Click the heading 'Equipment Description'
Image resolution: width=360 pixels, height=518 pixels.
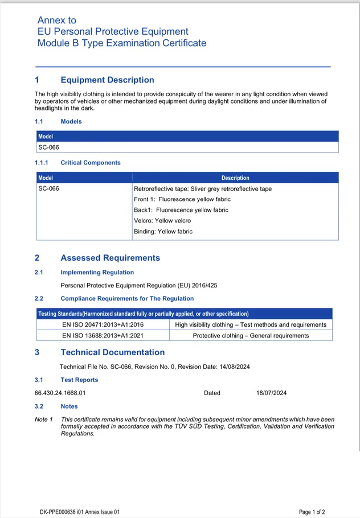pyautogui.click(x=107, y=80)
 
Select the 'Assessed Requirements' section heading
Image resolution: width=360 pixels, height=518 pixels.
pyautogui.click(x=110, y=258)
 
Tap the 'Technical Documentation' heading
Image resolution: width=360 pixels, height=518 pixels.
pyautogui.click(x=112, y=352)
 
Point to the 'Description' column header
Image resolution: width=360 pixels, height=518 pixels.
pyautogui.click(x=235, y=178)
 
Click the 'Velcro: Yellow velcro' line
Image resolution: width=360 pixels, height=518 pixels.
pyautogui.click(x=162, y=221)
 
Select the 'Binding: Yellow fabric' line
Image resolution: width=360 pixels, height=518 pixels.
pyautogui.click(x=163, y=232)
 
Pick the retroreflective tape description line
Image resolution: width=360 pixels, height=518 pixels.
pyautogui.click(x=202, y=188)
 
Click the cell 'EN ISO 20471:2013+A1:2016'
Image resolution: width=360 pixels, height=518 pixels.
pyautogui.click(x=103, y=324)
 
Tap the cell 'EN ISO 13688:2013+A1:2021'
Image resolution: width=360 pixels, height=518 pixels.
pyautogui.click(x=103, y=335)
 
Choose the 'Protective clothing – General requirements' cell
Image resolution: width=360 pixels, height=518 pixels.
pyautogui.click(x=251, y=335)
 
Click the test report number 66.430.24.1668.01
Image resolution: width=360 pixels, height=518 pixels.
pyautogui.click(x=60, y=393)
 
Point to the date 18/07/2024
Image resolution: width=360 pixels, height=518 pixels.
pyautogui.click(x=271, y=393)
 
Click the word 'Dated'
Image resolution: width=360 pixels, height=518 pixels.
pyautogui.click(x=212, y=393)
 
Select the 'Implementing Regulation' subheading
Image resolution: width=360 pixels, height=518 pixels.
pyautogui.click(x=97, y=273)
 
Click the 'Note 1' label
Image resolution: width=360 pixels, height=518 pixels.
pyautogui.click(x=44, y=420)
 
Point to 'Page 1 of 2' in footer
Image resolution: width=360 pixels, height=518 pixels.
pyautogui.click(x=312, y=512)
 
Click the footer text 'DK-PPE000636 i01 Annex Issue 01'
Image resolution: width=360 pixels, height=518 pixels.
pyautogui.click(x=80, y=512)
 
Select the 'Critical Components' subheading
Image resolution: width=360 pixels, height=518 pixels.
pyautogui.click(x=91, y=163)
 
